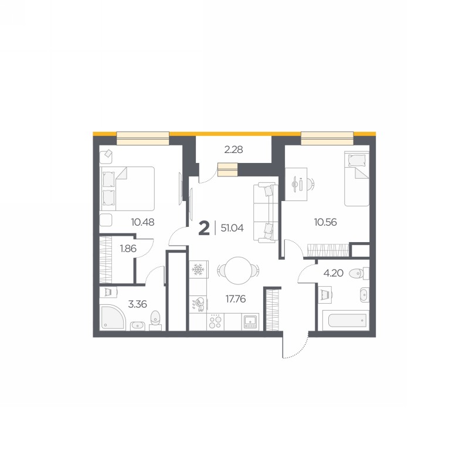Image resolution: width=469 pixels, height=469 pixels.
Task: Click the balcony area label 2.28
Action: click(x=233, y=149)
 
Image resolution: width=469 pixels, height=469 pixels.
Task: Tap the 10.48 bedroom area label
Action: click(x=142, y=222)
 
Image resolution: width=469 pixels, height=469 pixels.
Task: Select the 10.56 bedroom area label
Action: click(x=325, y=222)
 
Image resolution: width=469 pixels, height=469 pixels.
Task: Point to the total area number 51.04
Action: click(x=232, y=228)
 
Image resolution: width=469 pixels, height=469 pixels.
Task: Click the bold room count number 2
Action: click(x=204, y=229)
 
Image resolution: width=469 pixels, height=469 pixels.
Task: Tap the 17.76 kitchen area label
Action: click(x=236, y=298)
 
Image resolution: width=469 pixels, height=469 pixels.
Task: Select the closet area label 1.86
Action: click(x=128, y=249)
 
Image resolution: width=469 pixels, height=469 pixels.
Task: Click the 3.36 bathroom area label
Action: click(x=138, y=304)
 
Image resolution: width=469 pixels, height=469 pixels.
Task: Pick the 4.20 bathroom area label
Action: click(x=334, y=273)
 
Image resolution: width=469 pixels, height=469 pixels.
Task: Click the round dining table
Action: click(x=239, y=270)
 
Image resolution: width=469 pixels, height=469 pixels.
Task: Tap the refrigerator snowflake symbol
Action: click(x=198, y=269)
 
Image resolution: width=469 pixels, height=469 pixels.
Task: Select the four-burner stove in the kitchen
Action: click(x=215, y=322)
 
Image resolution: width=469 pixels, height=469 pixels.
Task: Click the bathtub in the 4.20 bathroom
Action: click(x=347, y=320)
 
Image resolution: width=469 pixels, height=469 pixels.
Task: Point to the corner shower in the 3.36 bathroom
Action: click(x=112, y=317)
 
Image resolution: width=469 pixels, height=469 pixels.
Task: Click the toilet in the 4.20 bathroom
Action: click(x=359, y=273)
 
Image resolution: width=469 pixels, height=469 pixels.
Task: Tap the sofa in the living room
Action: click(x=266, y=212)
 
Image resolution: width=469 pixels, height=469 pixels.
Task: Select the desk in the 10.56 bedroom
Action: click(x=296, y=184)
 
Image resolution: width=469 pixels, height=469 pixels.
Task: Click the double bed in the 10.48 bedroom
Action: click(x=128, y=189)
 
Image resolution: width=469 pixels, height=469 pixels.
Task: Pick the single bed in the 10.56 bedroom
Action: click(x=357, y=179)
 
